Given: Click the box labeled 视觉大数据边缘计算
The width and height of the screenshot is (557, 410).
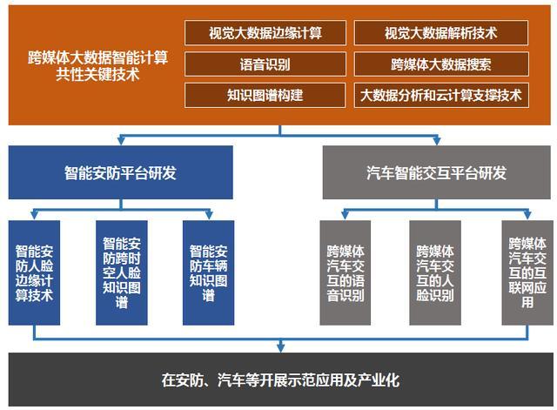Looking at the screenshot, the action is point(265,33).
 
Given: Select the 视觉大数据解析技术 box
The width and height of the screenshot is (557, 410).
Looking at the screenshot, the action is point(441,33).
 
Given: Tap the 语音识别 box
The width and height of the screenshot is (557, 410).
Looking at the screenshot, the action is point(265,64).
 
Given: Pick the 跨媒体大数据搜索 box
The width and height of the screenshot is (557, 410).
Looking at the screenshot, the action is point(441,64).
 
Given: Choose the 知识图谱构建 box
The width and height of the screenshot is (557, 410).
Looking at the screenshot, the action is point(265,95).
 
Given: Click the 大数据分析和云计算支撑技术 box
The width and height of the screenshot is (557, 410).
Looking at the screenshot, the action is point(441,95).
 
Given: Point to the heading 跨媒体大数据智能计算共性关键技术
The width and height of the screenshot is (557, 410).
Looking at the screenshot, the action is point(97,66).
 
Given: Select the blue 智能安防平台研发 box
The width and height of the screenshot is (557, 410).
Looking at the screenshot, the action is point(121,172).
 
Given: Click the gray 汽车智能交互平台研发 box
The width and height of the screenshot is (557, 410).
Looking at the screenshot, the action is point(437,172).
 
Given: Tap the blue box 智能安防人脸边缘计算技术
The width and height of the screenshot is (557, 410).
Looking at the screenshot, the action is point(34,272).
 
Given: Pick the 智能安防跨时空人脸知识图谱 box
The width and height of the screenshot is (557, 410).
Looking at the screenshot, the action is point(122,272).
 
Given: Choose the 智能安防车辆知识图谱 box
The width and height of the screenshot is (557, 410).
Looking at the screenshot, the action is point(209,272).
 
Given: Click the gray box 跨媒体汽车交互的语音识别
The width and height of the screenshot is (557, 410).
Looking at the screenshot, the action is point(346,272).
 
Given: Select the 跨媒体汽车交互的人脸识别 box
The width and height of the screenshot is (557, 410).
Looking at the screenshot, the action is point(435,272).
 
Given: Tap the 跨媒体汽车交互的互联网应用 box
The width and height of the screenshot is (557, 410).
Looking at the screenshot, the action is point(527,272).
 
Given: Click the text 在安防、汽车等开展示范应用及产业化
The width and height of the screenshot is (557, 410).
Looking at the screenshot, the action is point(280,380).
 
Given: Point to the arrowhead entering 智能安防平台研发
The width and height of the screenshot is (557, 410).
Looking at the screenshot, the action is point(121,140).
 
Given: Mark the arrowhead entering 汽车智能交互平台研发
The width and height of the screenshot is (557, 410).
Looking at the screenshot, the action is point(437,140).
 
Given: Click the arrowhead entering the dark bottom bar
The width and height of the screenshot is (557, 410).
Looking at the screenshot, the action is point(280,348).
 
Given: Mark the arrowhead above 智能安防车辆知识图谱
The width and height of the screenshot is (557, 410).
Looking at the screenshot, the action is point(209,215).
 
